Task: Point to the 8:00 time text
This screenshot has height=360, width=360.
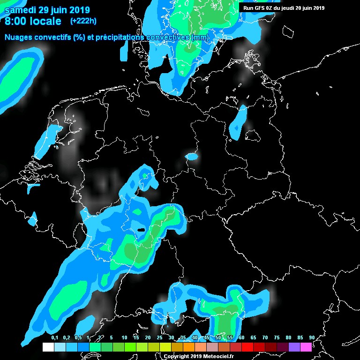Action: coord(15,21)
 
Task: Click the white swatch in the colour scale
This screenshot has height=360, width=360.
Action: coord(48,347)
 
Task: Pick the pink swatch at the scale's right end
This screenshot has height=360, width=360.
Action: coord(306,347)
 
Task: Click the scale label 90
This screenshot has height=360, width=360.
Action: coord(312,337)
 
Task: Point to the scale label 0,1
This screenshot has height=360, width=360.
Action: coord(54,337)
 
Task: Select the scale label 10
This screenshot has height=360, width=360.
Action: coord(124,337)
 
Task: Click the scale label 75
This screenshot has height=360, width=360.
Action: coord(277,337)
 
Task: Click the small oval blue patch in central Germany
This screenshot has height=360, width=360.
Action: coord(192,157)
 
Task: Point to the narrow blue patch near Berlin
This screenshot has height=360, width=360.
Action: coord(240,121)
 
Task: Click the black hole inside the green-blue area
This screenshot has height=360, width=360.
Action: coord(141,230)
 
